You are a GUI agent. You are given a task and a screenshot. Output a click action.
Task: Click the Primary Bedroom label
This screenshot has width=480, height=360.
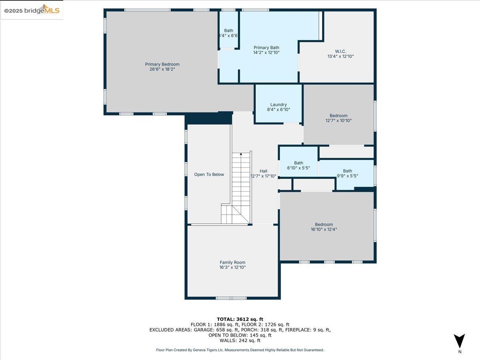(162, 64)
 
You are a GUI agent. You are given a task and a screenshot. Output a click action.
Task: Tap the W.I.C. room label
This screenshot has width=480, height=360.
(340, 51)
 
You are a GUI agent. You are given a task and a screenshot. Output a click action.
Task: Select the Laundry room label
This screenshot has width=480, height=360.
(278, 105)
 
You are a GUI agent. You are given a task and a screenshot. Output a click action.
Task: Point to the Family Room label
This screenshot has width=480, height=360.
(232, 262)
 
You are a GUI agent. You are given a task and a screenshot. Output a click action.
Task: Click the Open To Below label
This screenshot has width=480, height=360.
(209, 174)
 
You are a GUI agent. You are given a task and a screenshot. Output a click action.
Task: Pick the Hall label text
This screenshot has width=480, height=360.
(263, 171)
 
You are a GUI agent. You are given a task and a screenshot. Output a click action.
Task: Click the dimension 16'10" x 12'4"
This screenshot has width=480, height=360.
(324, 230)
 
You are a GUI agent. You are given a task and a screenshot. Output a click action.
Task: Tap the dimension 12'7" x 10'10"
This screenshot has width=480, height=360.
(338, 120)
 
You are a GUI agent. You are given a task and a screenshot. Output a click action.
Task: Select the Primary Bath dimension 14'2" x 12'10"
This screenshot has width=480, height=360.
(266, 52)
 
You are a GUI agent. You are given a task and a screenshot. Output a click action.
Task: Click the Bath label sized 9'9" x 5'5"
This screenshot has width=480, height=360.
(347, 171)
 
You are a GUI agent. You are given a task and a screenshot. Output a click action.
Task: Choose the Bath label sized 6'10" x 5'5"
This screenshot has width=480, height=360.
(298, 163)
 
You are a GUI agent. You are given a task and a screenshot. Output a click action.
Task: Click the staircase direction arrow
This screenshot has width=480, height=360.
(241, 154)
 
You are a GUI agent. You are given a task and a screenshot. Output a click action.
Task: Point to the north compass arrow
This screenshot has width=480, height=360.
(460, 341)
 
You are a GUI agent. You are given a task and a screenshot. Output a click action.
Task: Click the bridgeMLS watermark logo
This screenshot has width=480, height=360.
(32, 10)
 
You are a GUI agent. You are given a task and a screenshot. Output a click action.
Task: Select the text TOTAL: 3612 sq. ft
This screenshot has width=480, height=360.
(240, 319)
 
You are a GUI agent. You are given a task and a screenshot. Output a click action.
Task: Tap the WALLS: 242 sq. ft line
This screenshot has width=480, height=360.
(240, 340)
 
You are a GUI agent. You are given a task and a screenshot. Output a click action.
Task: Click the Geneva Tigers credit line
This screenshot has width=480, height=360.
(240, 350)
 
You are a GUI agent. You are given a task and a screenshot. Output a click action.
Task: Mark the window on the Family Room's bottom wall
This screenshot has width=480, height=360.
(232, 298)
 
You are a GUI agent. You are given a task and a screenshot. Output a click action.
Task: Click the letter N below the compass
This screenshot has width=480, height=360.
(460, 352)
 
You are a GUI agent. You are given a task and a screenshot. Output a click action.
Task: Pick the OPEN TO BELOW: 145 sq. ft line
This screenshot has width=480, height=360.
(240, 335)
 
